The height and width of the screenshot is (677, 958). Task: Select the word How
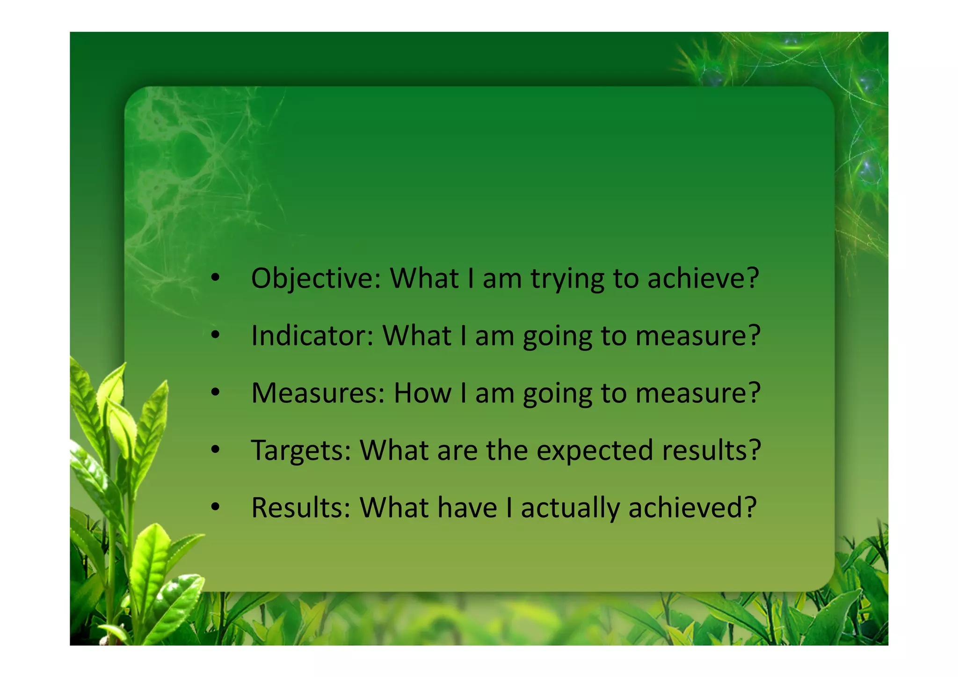click(x=422, y=393)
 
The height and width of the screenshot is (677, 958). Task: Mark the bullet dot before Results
click(x=215, y=508)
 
